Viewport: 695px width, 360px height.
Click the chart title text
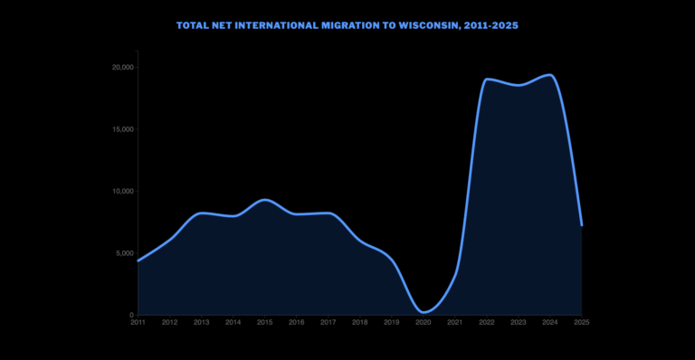(x=347, y=25)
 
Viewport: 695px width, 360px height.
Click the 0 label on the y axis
(x=131, y=315)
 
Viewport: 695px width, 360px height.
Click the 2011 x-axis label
(x=138, y=322)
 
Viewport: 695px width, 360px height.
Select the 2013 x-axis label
(x=201, y=322)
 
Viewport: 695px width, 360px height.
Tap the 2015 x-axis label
(x=264, y=322)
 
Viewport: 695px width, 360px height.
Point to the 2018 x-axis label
(x=359, y=322)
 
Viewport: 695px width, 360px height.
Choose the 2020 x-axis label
(x=423, y=322)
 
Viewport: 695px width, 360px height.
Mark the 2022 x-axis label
(x=486, y=322)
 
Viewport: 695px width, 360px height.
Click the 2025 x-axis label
(x=581, y=322)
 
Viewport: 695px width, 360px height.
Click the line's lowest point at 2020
(x=424, y=312)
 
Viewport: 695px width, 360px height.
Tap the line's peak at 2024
(x=549, y=75)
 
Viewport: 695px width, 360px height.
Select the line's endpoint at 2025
(x=581, y=224)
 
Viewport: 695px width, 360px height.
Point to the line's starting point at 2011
(x=138, y=261)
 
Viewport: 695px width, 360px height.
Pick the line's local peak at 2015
(x=264, y=200)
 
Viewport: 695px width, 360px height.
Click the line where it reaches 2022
(x=487, y=80)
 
